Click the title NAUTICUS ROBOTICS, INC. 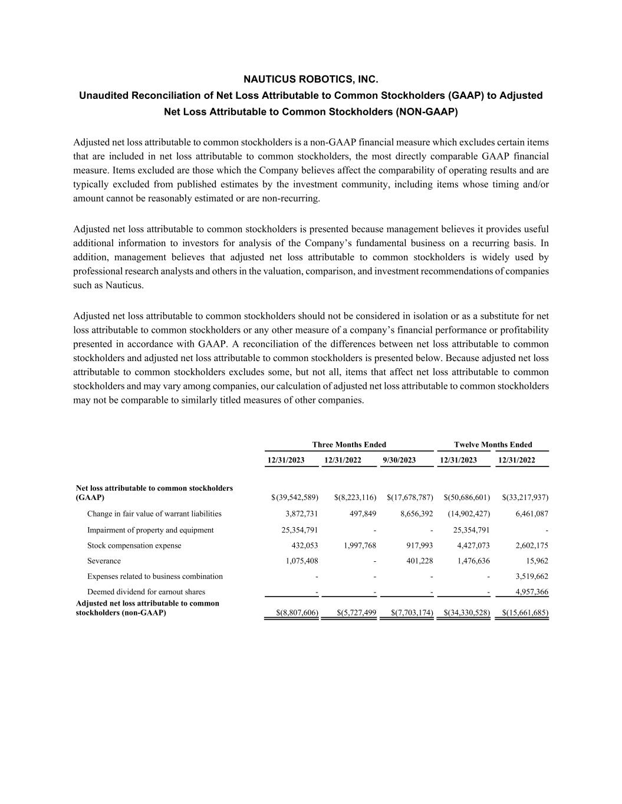[x=311, y=80]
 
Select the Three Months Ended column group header [x=349, y=445]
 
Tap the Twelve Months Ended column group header [x=493, y=445]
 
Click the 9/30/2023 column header [x=399, y=460]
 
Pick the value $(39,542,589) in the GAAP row [x=295, y=498]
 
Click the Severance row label [x=104, y=561]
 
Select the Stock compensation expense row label [x=134, y=545]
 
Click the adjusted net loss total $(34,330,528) [x=466, y=613]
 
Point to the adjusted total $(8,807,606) [x=297, y=613]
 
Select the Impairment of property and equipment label [x=150, y=530]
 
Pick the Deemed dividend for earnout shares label [x=146, y=591]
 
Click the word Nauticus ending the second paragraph [x=124, y=285]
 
